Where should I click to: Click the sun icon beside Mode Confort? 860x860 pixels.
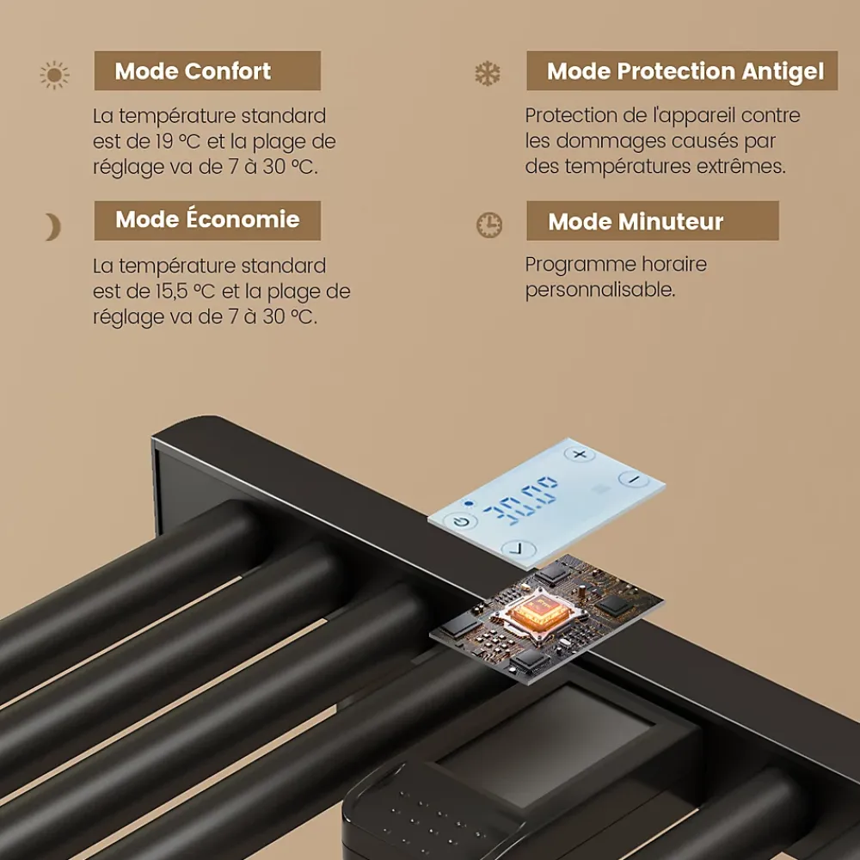click(x=54, y=75)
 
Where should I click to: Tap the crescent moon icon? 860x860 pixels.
click(x=53, y=227)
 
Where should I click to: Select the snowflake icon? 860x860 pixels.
click(x=488, y=73)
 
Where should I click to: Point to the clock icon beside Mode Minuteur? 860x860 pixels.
click(x=488, y=224)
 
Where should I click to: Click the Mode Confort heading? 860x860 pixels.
click(x=193, y=71)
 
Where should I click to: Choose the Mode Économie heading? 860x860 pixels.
click(x=207, y=219)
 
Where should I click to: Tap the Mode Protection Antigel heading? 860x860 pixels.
click(x=685, y=72)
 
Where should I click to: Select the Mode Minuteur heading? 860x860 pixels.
click(x=636, y=222)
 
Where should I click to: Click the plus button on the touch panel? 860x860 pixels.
click(x=580, y=454)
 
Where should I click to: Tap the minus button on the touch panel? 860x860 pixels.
click(x=634, y=479)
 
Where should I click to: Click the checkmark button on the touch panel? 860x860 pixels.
click(x=519, y=549)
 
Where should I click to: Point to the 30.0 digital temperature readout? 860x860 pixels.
click(x=519, y=501)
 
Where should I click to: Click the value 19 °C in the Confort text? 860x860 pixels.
click(x=178, y=142)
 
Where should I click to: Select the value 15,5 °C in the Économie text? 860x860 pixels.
click(x=185, y=292)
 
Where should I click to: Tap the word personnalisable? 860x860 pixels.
click(x=600, y=290)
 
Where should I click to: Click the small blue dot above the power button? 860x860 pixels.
click(x=469, y=503)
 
